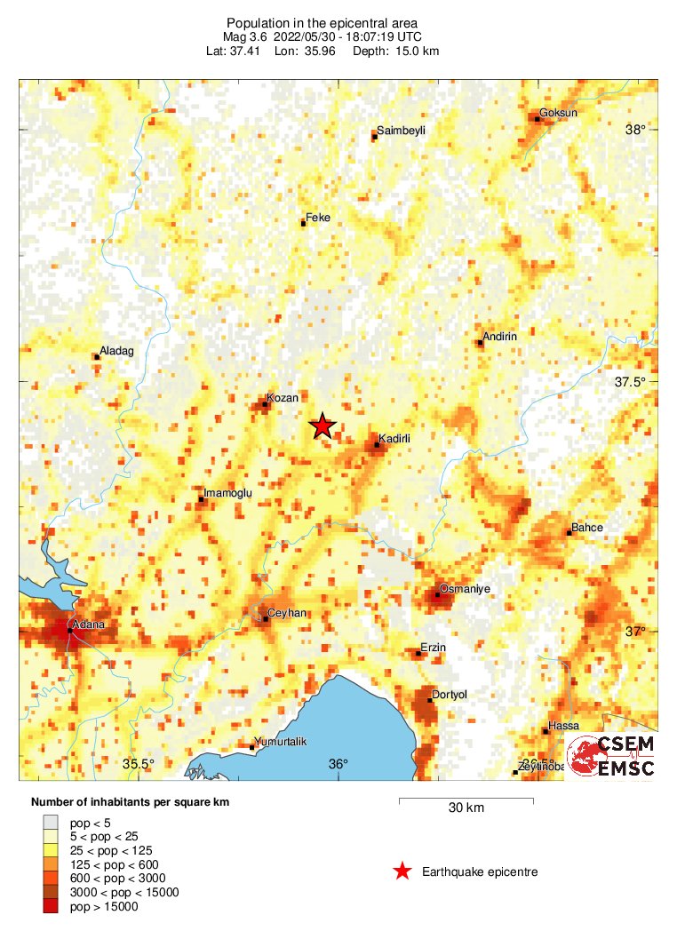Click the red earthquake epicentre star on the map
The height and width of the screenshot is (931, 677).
point(322,426)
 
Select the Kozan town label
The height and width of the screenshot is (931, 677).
point(282,399)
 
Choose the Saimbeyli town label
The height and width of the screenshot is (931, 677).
point(401,131)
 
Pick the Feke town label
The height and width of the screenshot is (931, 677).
point(317,217)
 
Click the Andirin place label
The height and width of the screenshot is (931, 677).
point(499,337)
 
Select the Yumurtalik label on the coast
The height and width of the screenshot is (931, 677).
point(280,742)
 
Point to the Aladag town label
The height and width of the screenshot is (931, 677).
point(116,351)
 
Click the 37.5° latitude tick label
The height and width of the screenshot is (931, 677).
point(631,382)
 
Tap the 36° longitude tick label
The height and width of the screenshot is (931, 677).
point(338,764)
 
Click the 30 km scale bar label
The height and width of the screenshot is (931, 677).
point(466,808)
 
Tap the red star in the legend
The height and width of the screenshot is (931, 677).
point(402,871)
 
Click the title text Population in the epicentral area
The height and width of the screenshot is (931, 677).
point(322,22)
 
